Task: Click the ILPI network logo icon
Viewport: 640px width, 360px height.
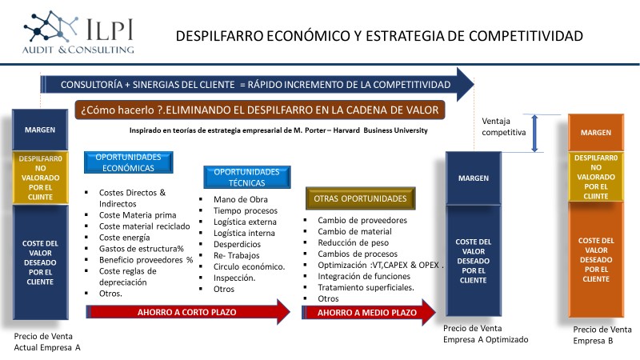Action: (x=50, y=26)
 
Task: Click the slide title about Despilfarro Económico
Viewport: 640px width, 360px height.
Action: (x=379, y=36)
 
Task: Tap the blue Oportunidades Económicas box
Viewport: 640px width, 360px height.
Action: (x=129, y=162)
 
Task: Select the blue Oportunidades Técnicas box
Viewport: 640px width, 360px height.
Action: (x=247, y=177)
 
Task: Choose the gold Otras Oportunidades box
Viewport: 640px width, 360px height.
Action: (x=361, y=198)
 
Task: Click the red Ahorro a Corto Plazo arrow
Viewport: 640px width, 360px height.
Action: (x=188, y=312)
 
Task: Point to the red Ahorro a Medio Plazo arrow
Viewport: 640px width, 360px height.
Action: (x=369, y=312)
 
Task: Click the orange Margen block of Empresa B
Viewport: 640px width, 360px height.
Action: (x=596, y=133)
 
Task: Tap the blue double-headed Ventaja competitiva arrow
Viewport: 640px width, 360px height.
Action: (x=534, y=134)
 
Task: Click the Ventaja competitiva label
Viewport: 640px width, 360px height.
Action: (x=504, y=126)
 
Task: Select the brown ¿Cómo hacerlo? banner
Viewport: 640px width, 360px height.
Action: (x=259, y=110)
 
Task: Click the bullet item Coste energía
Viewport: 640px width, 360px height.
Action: (x=125, y=238)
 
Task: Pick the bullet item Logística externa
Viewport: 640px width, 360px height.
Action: (x=245, y=222)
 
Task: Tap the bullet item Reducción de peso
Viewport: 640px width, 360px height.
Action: (x=353, y=242)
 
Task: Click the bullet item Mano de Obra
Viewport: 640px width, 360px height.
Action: (x=241, y=199)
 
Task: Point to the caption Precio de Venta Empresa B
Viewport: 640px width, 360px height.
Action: (x=602, y=335)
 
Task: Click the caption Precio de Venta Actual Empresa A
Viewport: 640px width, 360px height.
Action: (x=47, y=342)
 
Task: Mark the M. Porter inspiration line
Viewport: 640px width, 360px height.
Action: (x=278, y=130)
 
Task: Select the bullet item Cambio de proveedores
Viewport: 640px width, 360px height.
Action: (x=362, y=220)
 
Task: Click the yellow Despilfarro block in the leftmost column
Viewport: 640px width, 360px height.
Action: (x=41, y=178)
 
